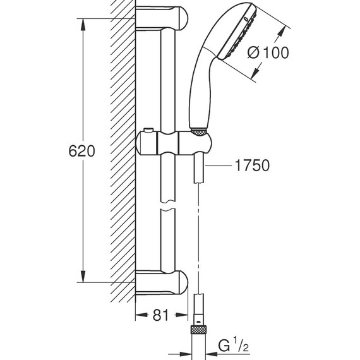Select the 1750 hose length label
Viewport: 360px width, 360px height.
(x=251, y=166)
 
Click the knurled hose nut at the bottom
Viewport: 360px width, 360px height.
(x=199, y=328)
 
